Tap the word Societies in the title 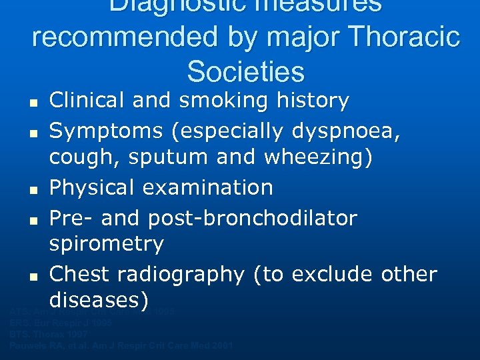245,71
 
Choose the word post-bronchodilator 253,217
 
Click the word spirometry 106,244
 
